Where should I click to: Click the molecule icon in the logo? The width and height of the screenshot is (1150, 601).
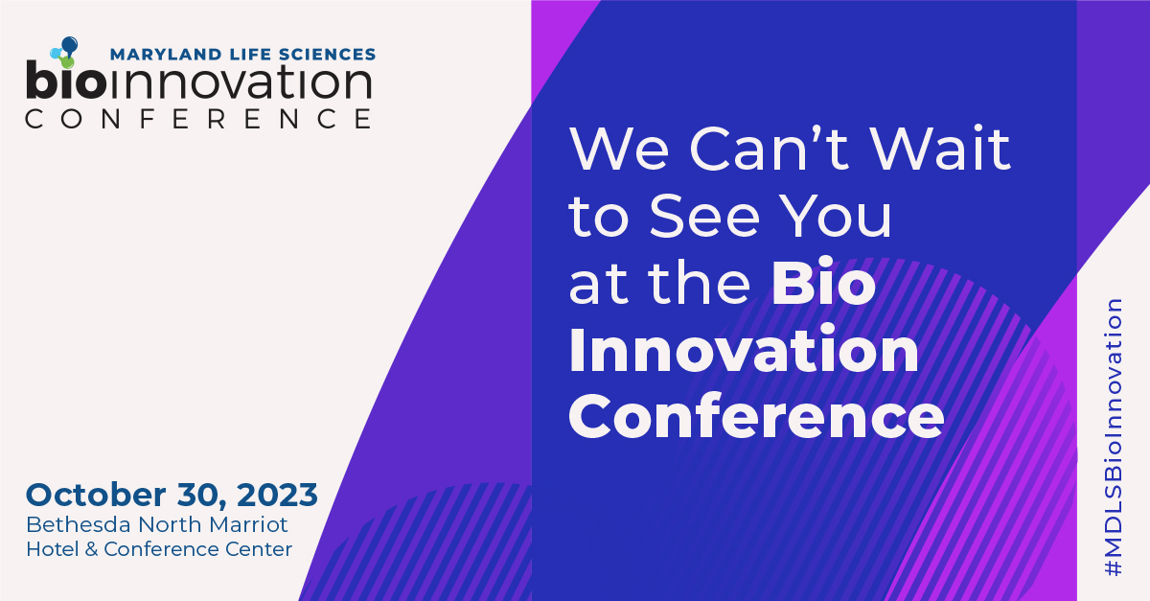(65, 53)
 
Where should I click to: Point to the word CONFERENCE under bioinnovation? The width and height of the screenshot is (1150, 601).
(198, 119)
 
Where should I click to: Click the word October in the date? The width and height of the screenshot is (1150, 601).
(96, 495)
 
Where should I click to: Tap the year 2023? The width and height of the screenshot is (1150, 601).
(277, 496)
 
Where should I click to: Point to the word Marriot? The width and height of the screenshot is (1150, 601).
(248, 524)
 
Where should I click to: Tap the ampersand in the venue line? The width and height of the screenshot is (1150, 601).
(91, 549)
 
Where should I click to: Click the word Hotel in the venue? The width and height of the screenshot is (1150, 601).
(52, 549)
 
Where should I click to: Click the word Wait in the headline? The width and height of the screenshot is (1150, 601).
(940, 148)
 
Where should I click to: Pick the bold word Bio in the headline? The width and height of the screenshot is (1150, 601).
(823, 284)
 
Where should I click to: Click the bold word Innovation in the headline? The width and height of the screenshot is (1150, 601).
(744, 349)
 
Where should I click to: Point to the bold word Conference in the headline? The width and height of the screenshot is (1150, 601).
(757, 416)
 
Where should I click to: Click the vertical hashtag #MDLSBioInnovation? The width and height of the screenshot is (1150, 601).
(1113, 437)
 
